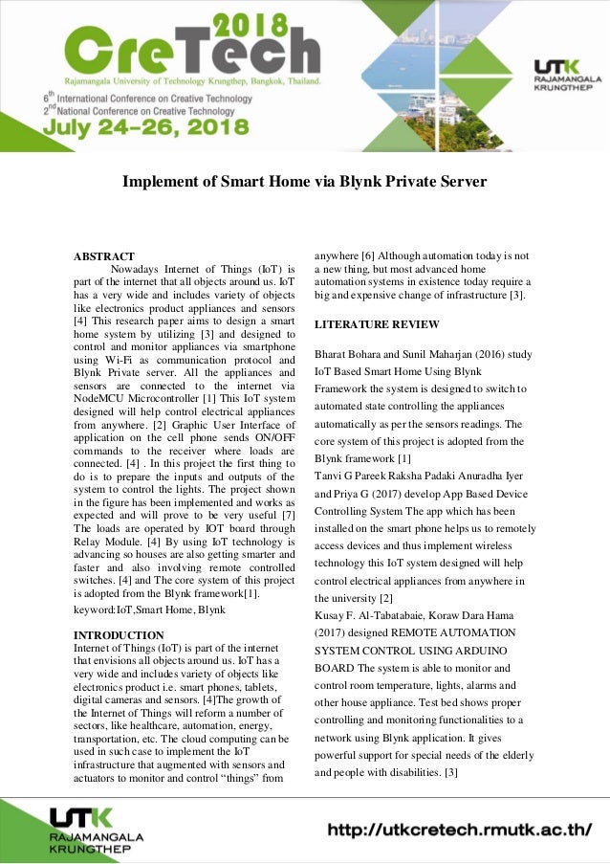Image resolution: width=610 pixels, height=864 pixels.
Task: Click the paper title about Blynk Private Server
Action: [x=304, y=182]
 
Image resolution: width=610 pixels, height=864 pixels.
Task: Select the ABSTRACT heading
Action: [x=105, y=256]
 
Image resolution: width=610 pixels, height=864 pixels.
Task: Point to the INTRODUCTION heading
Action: [x=119, y=634]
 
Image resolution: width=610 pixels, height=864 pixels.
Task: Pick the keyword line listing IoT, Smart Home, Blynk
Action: [x=150, y=609]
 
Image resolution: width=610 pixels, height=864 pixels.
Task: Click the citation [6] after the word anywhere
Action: [x=368, y=255]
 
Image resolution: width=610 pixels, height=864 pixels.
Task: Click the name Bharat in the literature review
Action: [x=334, y=354]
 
